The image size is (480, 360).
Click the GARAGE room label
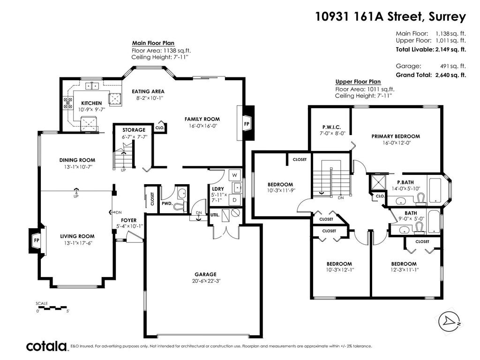[205, 274]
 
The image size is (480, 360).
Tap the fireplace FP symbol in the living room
[36, 240]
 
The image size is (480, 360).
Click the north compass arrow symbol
[449, 321]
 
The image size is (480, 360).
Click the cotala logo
[46, 346]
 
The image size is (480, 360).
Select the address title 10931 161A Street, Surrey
[390, 17]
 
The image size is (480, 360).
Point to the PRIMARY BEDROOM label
[396, 136]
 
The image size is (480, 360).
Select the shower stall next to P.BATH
[376, 183]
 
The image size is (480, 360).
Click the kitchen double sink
[92, 86]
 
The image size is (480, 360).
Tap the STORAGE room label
[134, 130]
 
